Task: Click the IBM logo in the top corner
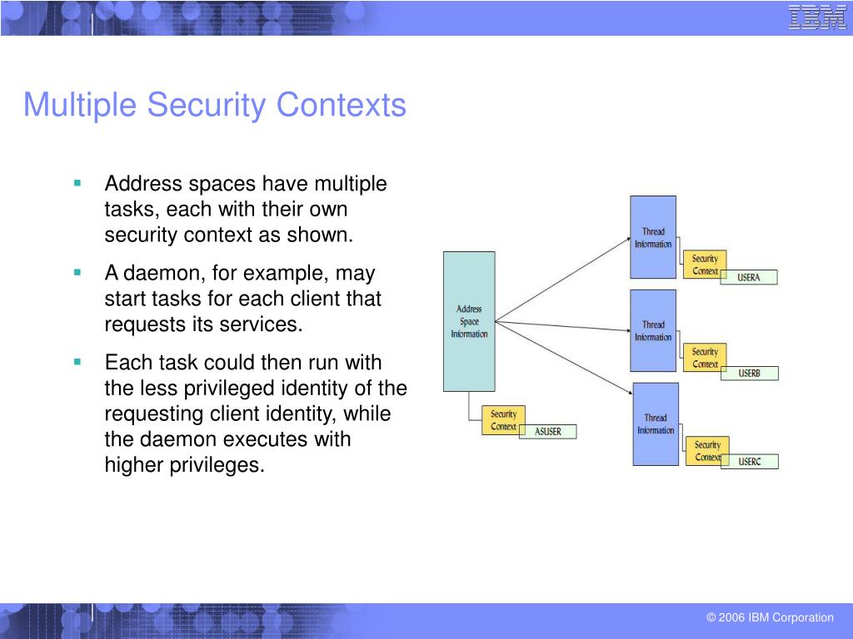coord(817,17)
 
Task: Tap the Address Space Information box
coord(469,321)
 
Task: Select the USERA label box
coord(748,278)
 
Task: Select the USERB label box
coord(749,374)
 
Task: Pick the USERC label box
coord(749,462)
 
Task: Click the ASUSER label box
coord(547,432)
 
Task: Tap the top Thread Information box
coord(653,237)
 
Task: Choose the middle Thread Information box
coord(653,330)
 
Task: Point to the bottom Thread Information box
coord(656,424)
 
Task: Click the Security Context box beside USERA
coord(705,265)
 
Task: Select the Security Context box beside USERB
coord(705,358)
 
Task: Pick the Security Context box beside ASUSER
coord(503,420)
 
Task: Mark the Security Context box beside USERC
coord(706,451)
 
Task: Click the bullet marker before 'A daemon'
coord(77,272)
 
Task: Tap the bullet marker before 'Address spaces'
coord(77,182)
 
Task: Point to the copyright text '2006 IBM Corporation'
coord(776,617)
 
